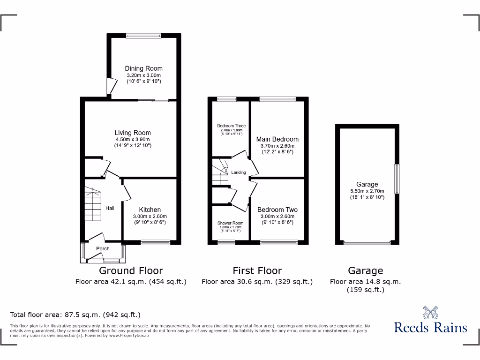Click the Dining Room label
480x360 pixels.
pos(143,68)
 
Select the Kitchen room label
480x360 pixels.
pos(150,210)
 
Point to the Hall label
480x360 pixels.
pos(110,209)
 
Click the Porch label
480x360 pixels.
pos(103,248)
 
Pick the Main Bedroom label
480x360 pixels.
pos(277,139)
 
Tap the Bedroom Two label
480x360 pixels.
pos(277,210)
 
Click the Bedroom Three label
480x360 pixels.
pos(231,126)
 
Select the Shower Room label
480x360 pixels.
pos(230,223)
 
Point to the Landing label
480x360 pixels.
pos(239,172)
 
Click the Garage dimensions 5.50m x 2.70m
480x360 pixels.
pos(367,191)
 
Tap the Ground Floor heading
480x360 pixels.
pos(131,270)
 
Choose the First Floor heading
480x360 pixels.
pos(257,270)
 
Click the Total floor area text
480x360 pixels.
pos(75,315)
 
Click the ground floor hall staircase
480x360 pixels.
pos(93,204)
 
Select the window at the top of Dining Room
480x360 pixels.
pos(143,35)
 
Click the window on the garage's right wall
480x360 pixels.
pos(397,178)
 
